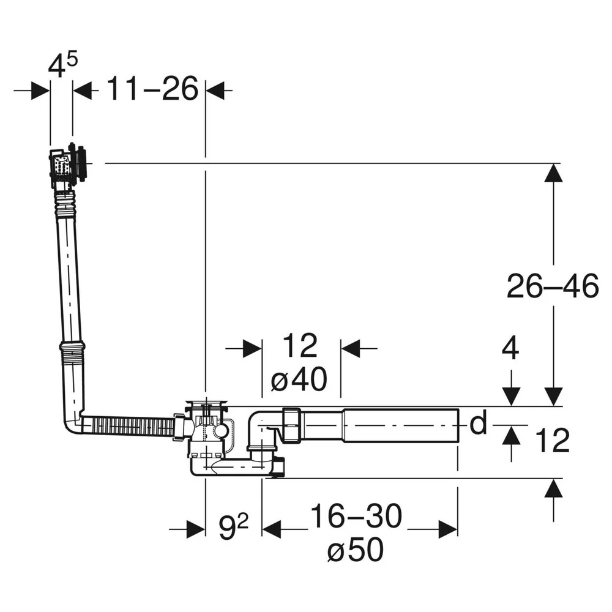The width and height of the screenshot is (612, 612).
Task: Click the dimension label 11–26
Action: click(152, 89)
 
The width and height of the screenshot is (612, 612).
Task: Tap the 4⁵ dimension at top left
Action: click(63, 65)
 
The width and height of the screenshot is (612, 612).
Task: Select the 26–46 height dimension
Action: click(552, 286)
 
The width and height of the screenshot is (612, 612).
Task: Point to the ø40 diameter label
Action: click(299, 379)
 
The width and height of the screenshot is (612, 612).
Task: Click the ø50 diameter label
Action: click(356, 550)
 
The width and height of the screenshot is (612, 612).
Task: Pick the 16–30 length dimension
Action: click(356, 516)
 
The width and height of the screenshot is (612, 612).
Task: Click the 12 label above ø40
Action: click(300, 345)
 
